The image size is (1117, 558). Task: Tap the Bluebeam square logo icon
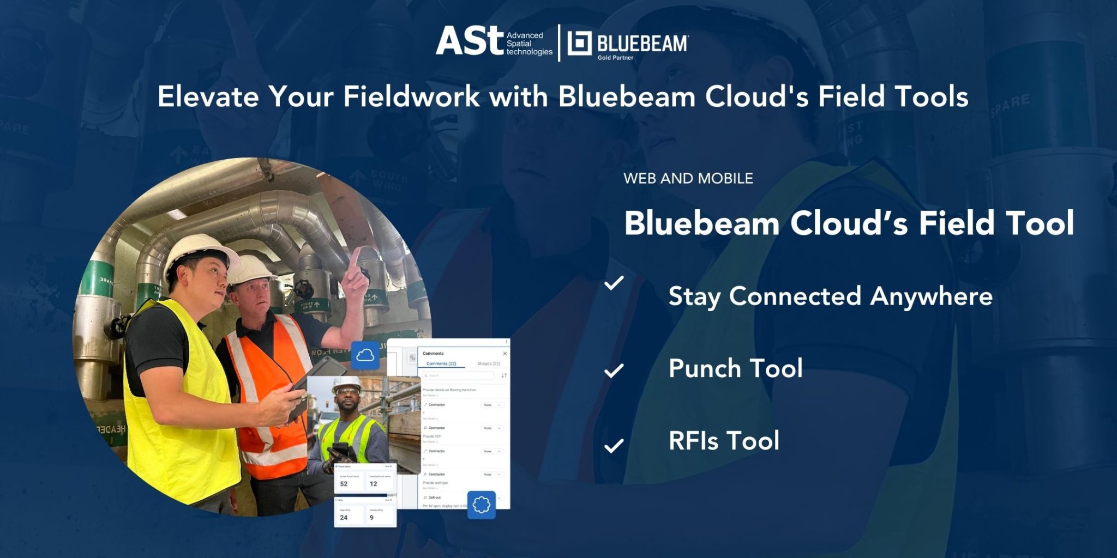pyautogui.click(x=579, y=44)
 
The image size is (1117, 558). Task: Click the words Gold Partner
pyautogui.click(x=615, y=58)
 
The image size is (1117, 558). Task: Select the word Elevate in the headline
pyautogui.click(x=208, y=97)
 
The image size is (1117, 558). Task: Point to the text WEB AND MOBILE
pyautogui.click(x=688, y=179)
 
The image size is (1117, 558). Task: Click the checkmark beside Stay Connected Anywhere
pyautogui.click(x=614, y=283)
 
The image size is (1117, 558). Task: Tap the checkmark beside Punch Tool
pyautogui.click(x=614, y=371)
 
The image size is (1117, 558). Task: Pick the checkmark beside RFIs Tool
pyautogui.click(x=614, y=446)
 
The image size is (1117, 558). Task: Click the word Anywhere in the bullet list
pyautogui.click(x=932, y=296)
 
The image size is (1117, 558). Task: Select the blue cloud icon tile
pyautogui.click(x=365, y=356)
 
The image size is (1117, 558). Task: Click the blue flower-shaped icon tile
pyautogui.click(x=481, y=505)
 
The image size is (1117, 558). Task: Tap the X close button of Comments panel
pyautogui.click(x=505, y=354)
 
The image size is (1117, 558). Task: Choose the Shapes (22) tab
pyautogui.click(x=488, y=363)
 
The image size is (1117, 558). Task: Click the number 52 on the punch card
pyautogui.click(x=344, y=484)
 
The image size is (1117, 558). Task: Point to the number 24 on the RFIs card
pyautogui.click(x=344, y=518)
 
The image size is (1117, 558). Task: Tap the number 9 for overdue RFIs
pyautogui.click(x=372, y=518)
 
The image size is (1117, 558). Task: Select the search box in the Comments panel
pyautogui.click(x=459, y=375)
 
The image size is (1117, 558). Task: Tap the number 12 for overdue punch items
pyautogui.click(x=374, y=484)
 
